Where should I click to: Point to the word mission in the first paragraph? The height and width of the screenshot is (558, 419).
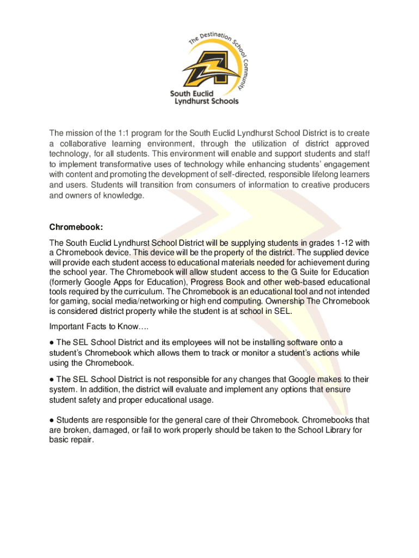[78, 134]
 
